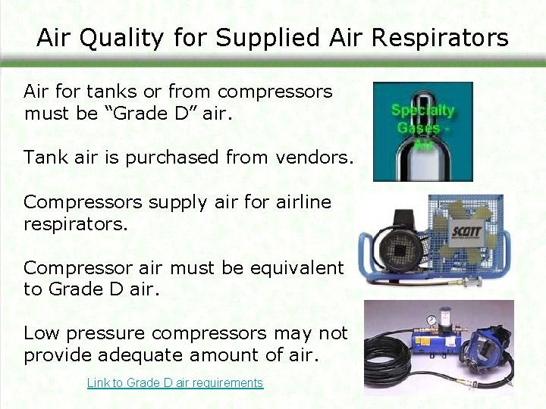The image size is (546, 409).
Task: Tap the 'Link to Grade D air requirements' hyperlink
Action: pyautogui.click(x=175, y=383)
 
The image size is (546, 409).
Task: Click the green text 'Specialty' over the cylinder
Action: pyautogui.click(x=422, y=111)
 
